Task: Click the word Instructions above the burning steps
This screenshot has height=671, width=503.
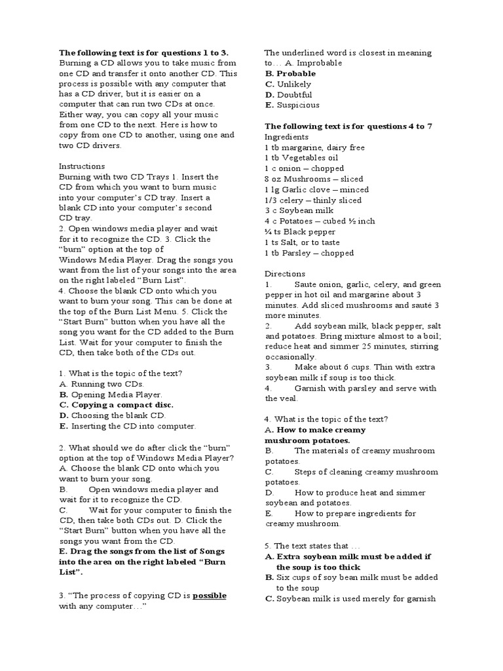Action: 81,166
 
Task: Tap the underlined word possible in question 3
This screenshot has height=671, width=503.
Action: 209,596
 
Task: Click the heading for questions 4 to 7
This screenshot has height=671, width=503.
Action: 348,126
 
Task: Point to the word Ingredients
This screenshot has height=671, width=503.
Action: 286,137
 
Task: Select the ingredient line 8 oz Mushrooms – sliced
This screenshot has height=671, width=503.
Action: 305,179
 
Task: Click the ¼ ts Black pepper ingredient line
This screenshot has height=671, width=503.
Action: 300,232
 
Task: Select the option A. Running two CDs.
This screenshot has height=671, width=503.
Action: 102,384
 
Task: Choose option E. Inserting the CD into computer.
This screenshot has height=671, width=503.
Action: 127,426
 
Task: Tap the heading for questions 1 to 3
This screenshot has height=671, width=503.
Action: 143,52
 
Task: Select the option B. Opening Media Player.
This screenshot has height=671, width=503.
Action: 110,394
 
